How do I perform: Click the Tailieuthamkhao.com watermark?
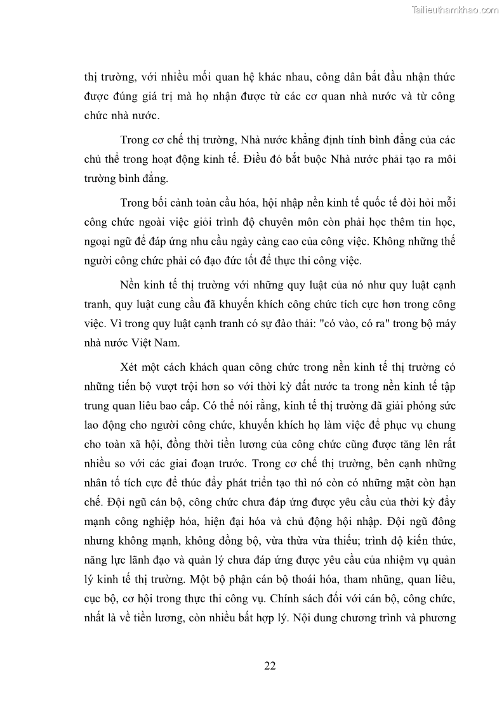click(x=455, y=10)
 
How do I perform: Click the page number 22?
click(x=270, y=665)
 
